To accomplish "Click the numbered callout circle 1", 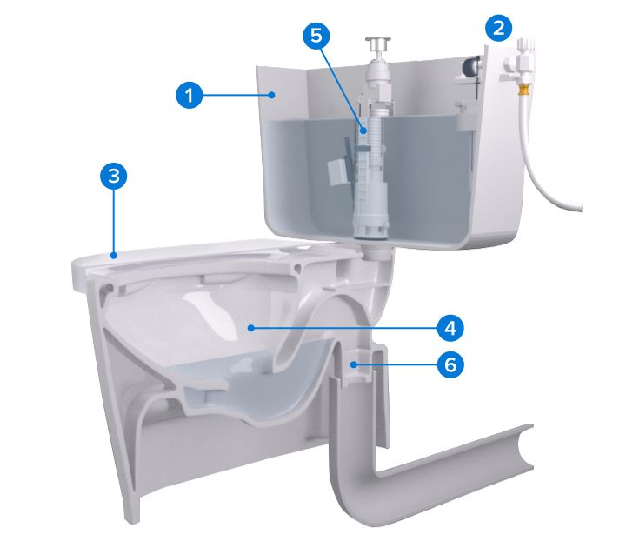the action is coord(190,95).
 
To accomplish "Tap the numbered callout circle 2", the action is coord(499,28).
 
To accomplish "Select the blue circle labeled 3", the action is coord(114,176).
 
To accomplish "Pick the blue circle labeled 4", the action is coord(450,328).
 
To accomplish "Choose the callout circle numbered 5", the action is coord(316,36).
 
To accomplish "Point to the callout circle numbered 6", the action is coord(450,364).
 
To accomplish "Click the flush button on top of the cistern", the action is coord(377,44).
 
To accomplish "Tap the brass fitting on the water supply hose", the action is coord(523,91).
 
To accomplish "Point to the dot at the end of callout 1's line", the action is coord(272,95).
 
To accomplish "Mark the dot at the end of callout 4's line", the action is coord(250,328).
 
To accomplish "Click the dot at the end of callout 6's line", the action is coord(353,364).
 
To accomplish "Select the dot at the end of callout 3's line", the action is coord(114,255).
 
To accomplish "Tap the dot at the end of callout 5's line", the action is coord(363,130).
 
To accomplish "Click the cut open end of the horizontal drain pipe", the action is coord(525,447).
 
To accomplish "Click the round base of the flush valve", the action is coord(370,229).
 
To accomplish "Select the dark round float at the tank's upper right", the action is coord(471,66).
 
